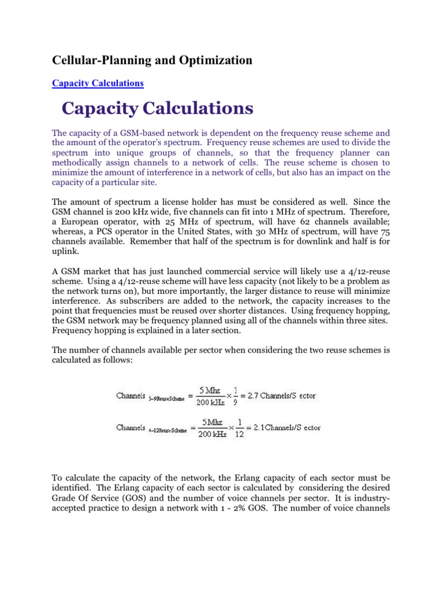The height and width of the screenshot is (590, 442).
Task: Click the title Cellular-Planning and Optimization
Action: click(x=152, y=60)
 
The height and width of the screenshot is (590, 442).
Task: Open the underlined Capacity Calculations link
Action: click(x=97, y=83)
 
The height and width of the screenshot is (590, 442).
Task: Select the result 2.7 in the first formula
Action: click(x=250, y=396)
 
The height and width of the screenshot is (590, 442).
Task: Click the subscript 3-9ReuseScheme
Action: click(x=166, y=398)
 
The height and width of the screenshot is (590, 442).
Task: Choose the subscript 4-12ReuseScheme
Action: click(x=168, y=430)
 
